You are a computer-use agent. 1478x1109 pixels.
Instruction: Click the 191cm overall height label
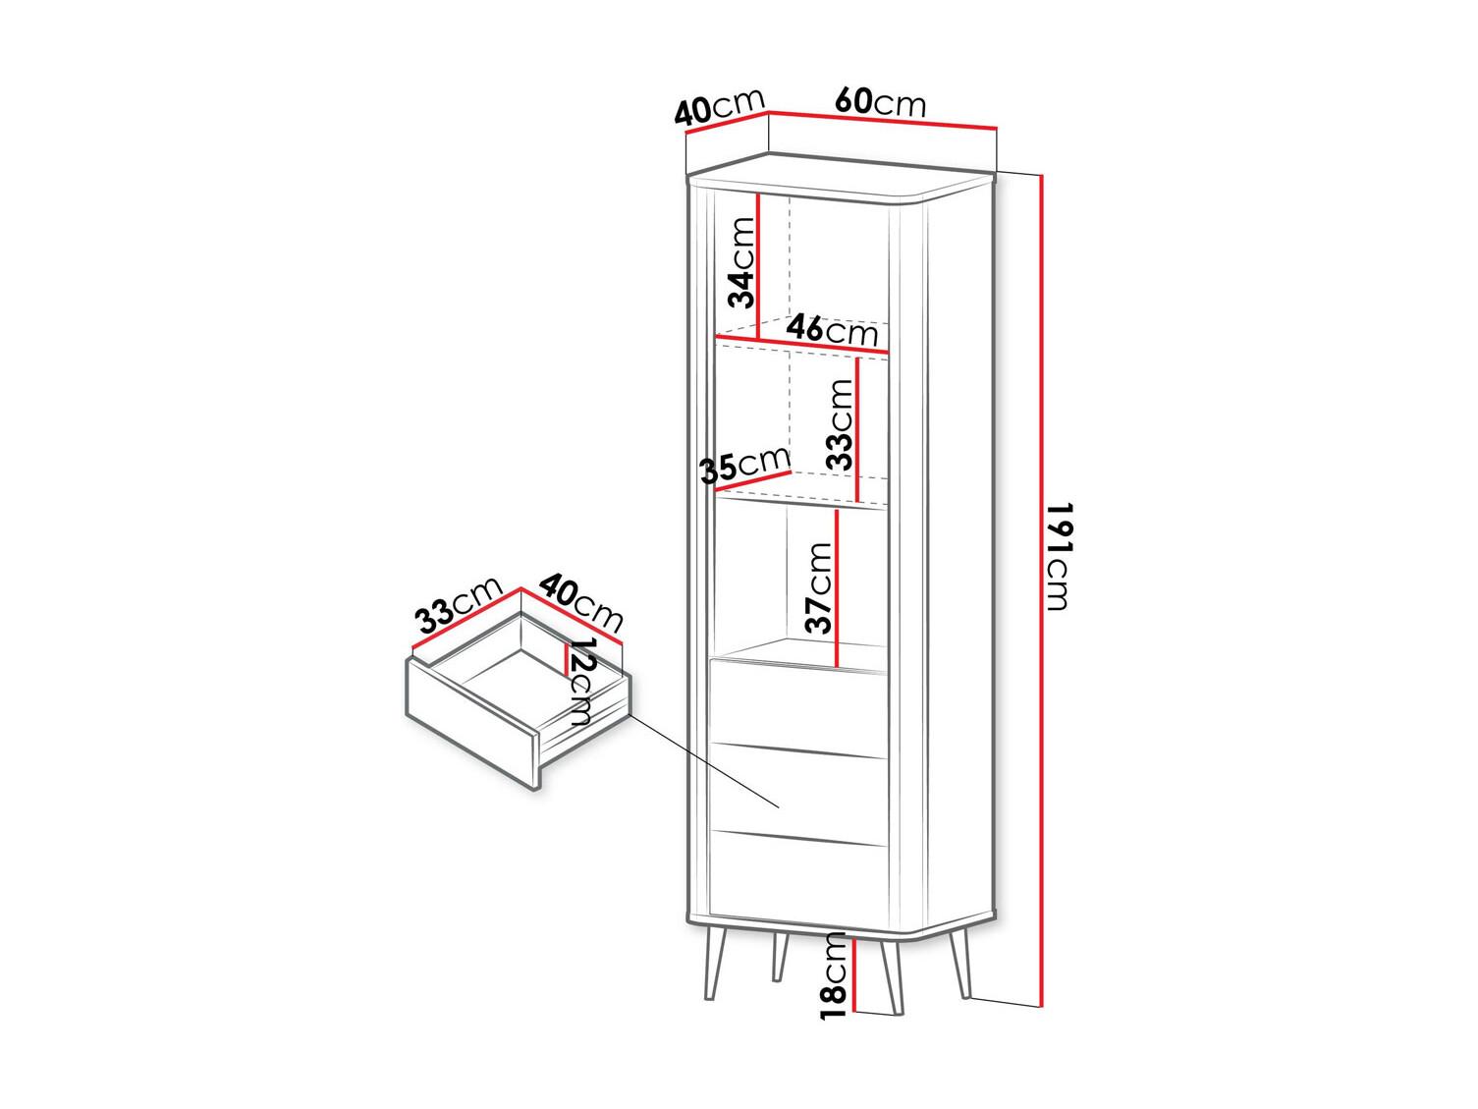[1058, 556]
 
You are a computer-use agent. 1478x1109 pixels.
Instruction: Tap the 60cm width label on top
[881, 102]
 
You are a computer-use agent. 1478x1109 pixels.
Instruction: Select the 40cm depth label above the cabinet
[719, 107]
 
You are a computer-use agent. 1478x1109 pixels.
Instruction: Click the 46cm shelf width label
[832, 330]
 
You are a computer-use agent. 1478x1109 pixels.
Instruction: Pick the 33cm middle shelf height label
[841, 424]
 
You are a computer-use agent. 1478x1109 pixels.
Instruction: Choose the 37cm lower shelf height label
[819, 587]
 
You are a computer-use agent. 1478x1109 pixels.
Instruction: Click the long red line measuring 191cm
[1042, 600]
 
